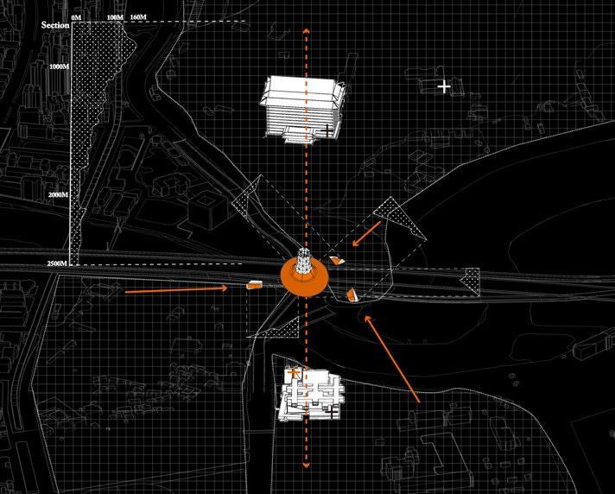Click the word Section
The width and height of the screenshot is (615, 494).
coord(55,25)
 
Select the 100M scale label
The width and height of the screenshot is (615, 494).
coord(114,17)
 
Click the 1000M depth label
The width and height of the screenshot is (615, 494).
coord(59,66)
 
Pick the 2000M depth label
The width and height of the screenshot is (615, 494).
coord(59,195)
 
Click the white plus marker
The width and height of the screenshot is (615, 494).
coord(444,85)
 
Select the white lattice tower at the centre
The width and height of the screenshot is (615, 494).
coord(304,263)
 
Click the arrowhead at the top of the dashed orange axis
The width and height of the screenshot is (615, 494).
coord(305,32)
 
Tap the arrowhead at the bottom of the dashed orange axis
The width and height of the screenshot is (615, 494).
coord(305,465)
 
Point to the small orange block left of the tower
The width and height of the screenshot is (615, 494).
coord(254,283)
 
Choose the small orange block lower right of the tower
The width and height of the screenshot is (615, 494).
coord(352,295)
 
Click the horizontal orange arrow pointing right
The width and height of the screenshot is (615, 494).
coord(177,289)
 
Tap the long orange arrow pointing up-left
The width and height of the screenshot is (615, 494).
coord(392,358)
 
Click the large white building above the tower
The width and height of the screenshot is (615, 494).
coord(301,105)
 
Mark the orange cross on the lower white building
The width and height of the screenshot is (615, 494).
coord(295,373)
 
